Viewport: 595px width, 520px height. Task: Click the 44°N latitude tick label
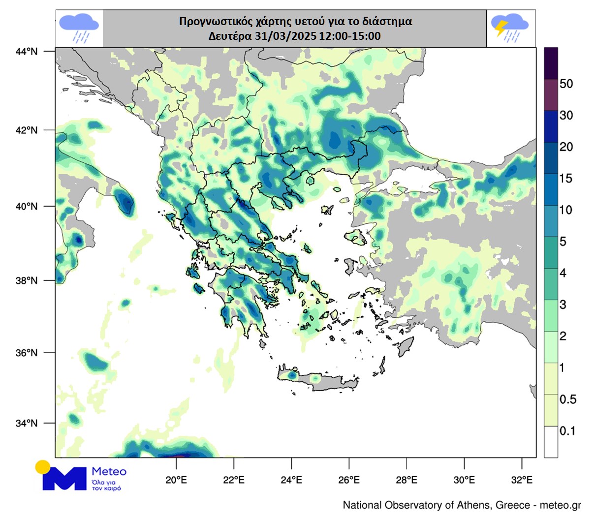click(x=27, y=51)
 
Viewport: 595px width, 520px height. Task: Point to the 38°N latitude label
click(x=27, y=280)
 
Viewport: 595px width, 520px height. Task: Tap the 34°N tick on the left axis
click(x=27, y=423)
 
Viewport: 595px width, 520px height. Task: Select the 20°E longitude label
click(x=176, y=479)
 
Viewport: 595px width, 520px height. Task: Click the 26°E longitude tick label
click(x=349, y=479)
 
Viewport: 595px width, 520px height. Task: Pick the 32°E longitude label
click(x=522, y=479)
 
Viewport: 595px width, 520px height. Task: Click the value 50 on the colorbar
click(x=566, y=84)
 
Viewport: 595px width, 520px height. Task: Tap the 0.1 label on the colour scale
click(x=567, y=431)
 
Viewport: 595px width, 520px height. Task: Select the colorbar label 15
click(x=566, y=179)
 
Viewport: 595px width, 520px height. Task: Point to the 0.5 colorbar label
click(x=567, y=399)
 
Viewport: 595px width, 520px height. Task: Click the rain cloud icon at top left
click(x=78, y=29)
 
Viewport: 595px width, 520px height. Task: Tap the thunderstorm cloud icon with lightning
click(x=510, y=29)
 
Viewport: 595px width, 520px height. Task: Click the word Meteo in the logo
click(x=109, y=471)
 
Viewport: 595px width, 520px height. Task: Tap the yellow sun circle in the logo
click(x=43, y=467)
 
